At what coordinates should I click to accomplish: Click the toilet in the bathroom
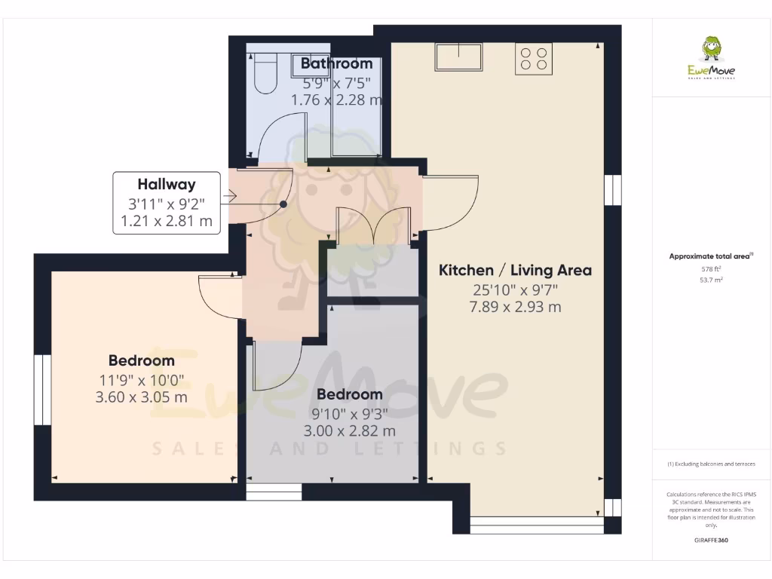coord(265,72)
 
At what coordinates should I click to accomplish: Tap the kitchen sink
coord(458,57)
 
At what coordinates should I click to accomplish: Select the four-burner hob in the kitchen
coord(534,59)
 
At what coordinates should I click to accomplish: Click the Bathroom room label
coord(336,64)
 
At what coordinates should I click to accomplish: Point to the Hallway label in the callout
coord(167,184)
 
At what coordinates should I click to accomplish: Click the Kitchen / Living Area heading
coord(515,270)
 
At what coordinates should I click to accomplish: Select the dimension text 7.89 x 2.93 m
coord(515,307)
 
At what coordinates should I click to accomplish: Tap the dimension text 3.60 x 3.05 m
coord(142,397)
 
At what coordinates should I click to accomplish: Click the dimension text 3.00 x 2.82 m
coord(349,430)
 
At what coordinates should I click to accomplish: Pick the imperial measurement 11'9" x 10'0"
coord(142,379)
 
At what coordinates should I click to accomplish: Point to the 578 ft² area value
coord(711,268)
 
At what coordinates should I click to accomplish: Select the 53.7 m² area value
coord(711,280)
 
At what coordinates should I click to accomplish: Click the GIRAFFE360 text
coord(711,541)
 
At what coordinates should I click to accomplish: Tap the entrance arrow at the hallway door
coord(230,197)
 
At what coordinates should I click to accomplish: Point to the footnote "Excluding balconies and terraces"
coord(711,464)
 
